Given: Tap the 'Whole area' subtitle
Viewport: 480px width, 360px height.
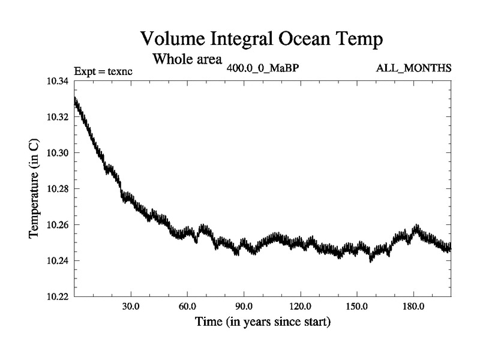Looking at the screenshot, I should click(x=188, y=59).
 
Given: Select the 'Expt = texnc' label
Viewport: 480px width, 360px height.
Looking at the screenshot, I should click(x=103, y=71).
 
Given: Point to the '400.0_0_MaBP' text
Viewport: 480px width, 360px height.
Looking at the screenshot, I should click(x=263, y=68).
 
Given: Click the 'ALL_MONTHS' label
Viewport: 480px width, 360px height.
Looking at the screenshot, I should click(x=413, y=68).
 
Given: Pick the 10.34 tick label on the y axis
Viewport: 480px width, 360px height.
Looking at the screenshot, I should click(x=57, y=81).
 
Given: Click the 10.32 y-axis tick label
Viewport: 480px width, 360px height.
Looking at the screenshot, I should click(x=57, y=117).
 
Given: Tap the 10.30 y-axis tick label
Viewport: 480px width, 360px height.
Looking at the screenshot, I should click(x=57, y=153).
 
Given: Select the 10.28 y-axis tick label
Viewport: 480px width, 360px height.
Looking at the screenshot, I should click(x=57, y=189).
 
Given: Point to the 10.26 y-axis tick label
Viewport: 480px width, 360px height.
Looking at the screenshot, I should click(x=57, y=225).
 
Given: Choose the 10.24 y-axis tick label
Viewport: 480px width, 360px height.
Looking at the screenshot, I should click(x=57, y=261).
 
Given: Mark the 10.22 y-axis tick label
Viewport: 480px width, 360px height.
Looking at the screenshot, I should click(x=57, y=297).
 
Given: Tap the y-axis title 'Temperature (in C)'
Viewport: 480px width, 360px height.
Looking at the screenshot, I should click(x=35, y=189).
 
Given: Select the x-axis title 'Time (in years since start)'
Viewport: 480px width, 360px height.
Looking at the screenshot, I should click(x=262, y=322).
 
